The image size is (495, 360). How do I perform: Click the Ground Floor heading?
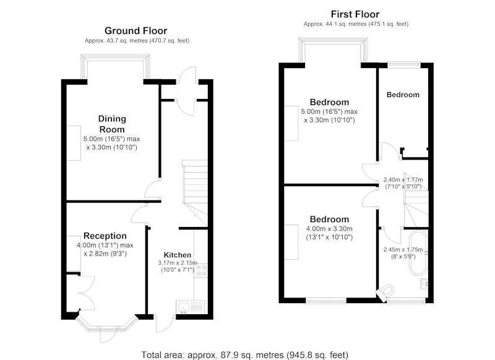pos(136,31)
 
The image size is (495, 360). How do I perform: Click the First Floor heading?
pos(355,14)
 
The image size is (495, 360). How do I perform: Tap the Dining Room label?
pos(112,124)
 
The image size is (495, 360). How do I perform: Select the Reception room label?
pos(105,236)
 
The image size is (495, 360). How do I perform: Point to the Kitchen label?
pos(178,255)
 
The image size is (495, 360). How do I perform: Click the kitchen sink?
pos(191,307)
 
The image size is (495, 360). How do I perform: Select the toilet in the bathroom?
pos(386,291)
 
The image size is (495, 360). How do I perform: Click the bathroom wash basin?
pos(424,284)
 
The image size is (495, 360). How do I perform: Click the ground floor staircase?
pos(195,193)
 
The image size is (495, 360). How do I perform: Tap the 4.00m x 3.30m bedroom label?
pos(329,228)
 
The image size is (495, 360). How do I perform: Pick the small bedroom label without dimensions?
pos(403,95)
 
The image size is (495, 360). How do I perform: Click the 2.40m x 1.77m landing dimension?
pos(403,183)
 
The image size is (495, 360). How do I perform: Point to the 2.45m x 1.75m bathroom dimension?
pos(403,253)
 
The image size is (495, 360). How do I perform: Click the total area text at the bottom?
pos(244,355)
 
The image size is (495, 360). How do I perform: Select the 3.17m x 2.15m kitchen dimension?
pos(178,267)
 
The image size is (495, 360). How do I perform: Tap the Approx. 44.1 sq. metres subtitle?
pos(356,24)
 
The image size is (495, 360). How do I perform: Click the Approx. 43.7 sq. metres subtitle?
pos(137,41)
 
